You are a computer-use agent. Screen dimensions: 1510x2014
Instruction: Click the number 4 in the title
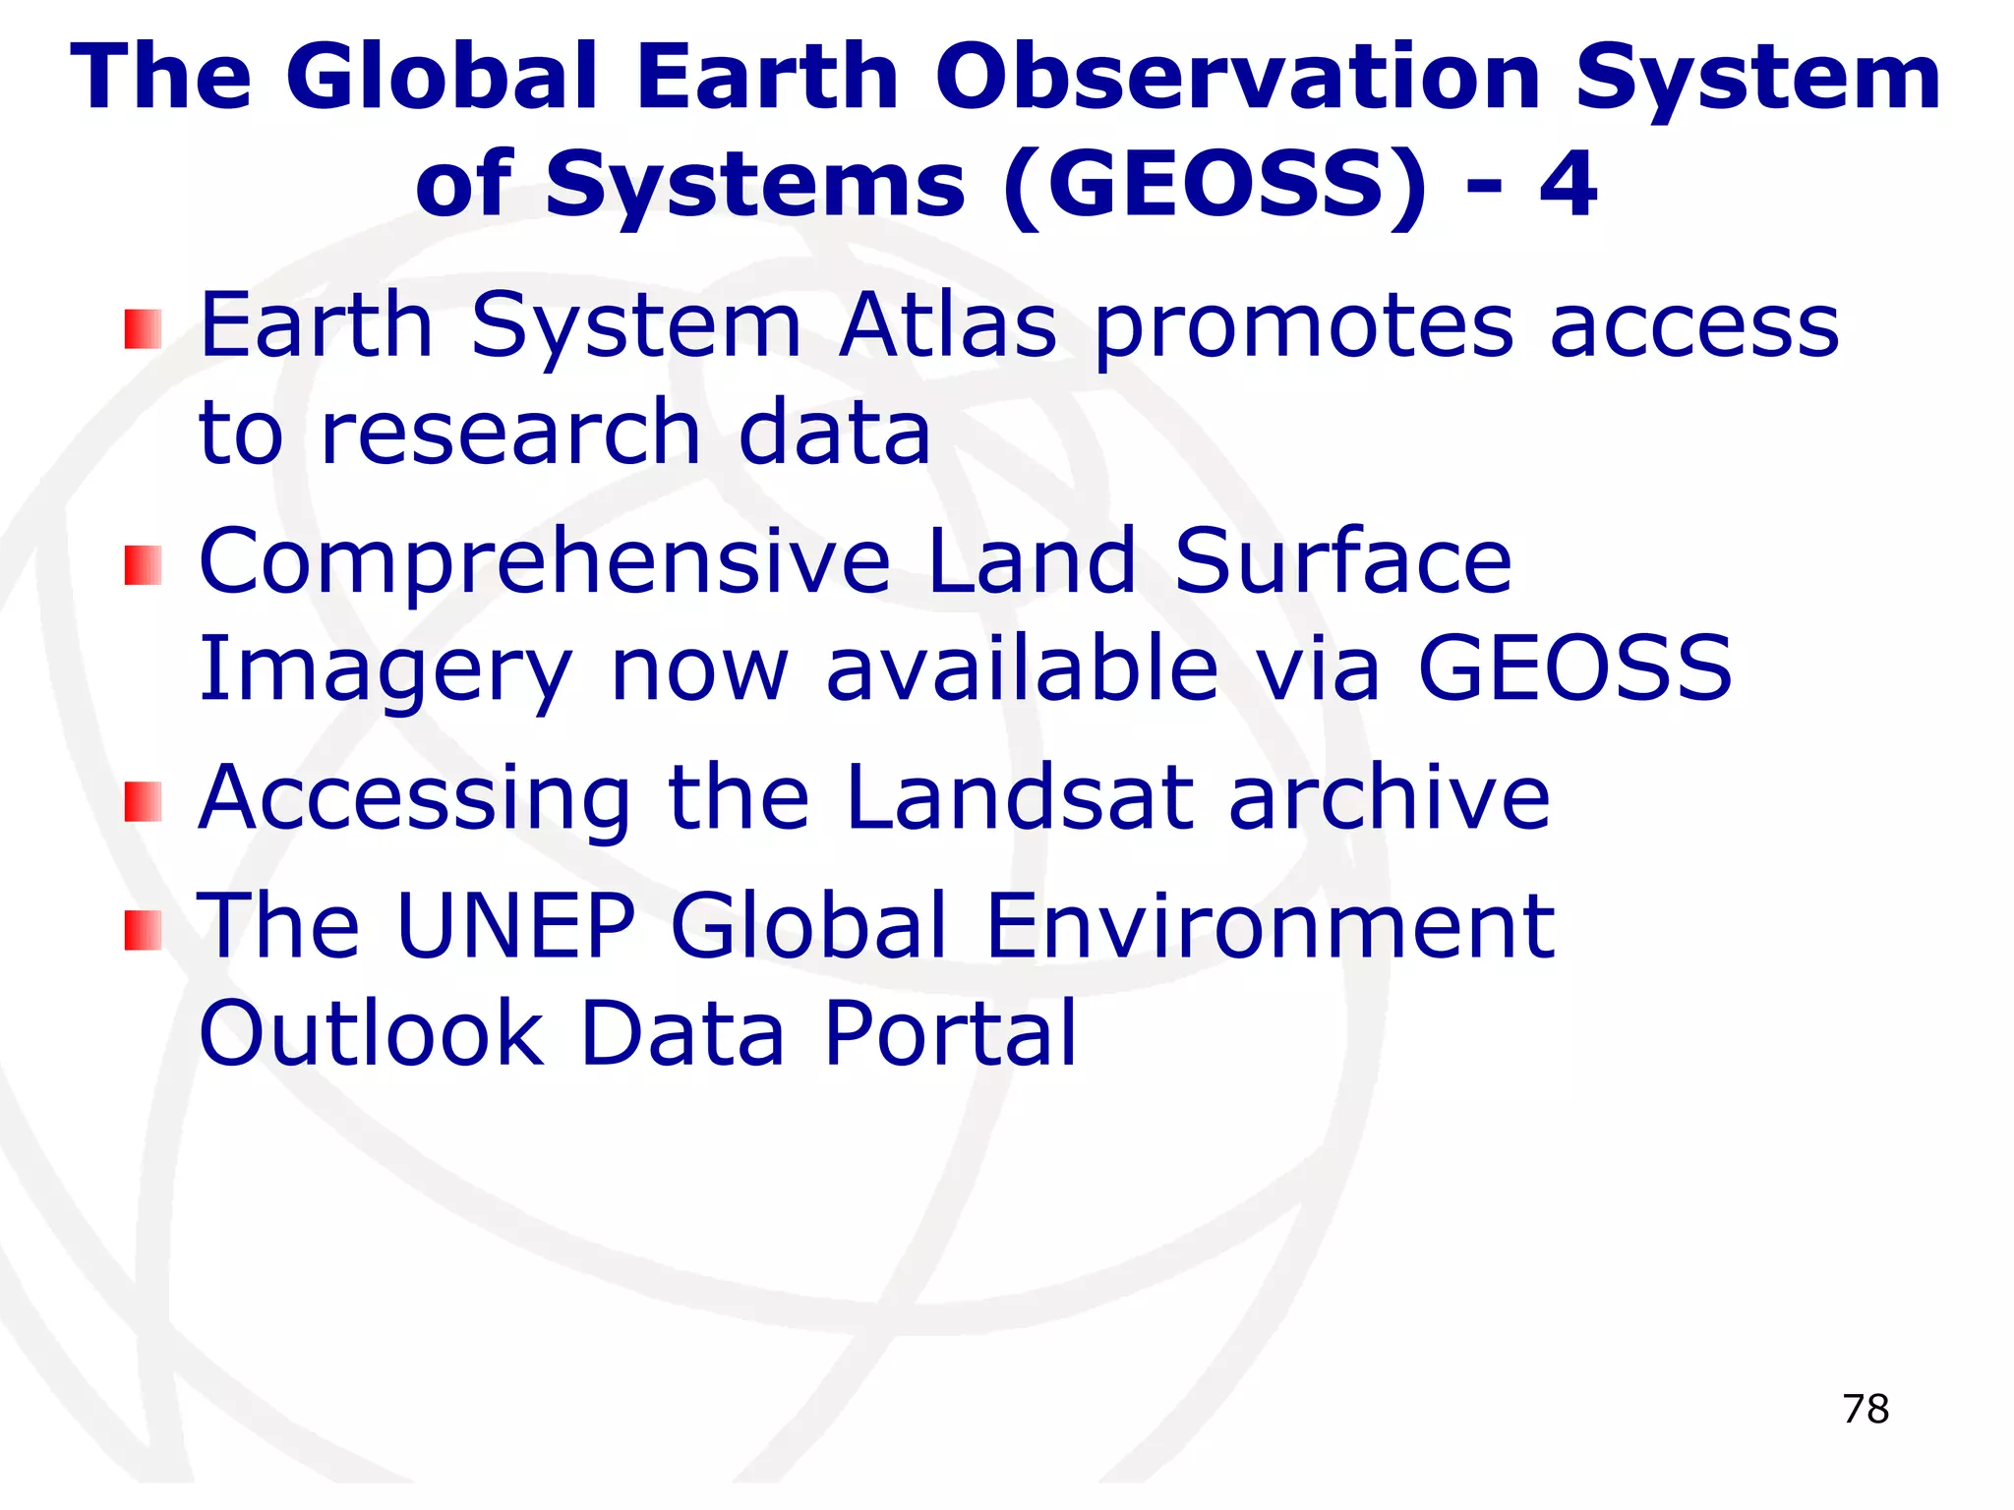click(x=1570, y=185)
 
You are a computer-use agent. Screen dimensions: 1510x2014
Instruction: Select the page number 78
click(x=1866, y=1409)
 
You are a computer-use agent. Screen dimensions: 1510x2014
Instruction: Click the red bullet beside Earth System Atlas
click(x=143, y=329)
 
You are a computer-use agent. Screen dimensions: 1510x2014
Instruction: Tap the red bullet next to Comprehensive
click(x=143, y=565)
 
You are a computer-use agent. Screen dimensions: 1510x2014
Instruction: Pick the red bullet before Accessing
click(x=143, y=801)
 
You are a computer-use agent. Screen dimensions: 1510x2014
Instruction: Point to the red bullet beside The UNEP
click(x=143, y=930)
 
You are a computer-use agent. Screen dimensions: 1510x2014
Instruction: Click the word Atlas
click(x=948, y=326)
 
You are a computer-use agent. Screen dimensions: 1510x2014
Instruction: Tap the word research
click(x=510, y=434)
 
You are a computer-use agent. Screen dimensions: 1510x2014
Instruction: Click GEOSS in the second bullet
click(x=1573, y=668)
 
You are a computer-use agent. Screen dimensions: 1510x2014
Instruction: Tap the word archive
click(x=1389, y=797)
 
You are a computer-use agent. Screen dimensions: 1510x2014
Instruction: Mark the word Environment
click(x=1269, y=925)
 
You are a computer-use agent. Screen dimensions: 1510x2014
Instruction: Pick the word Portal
click(x=951, y=1033)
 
